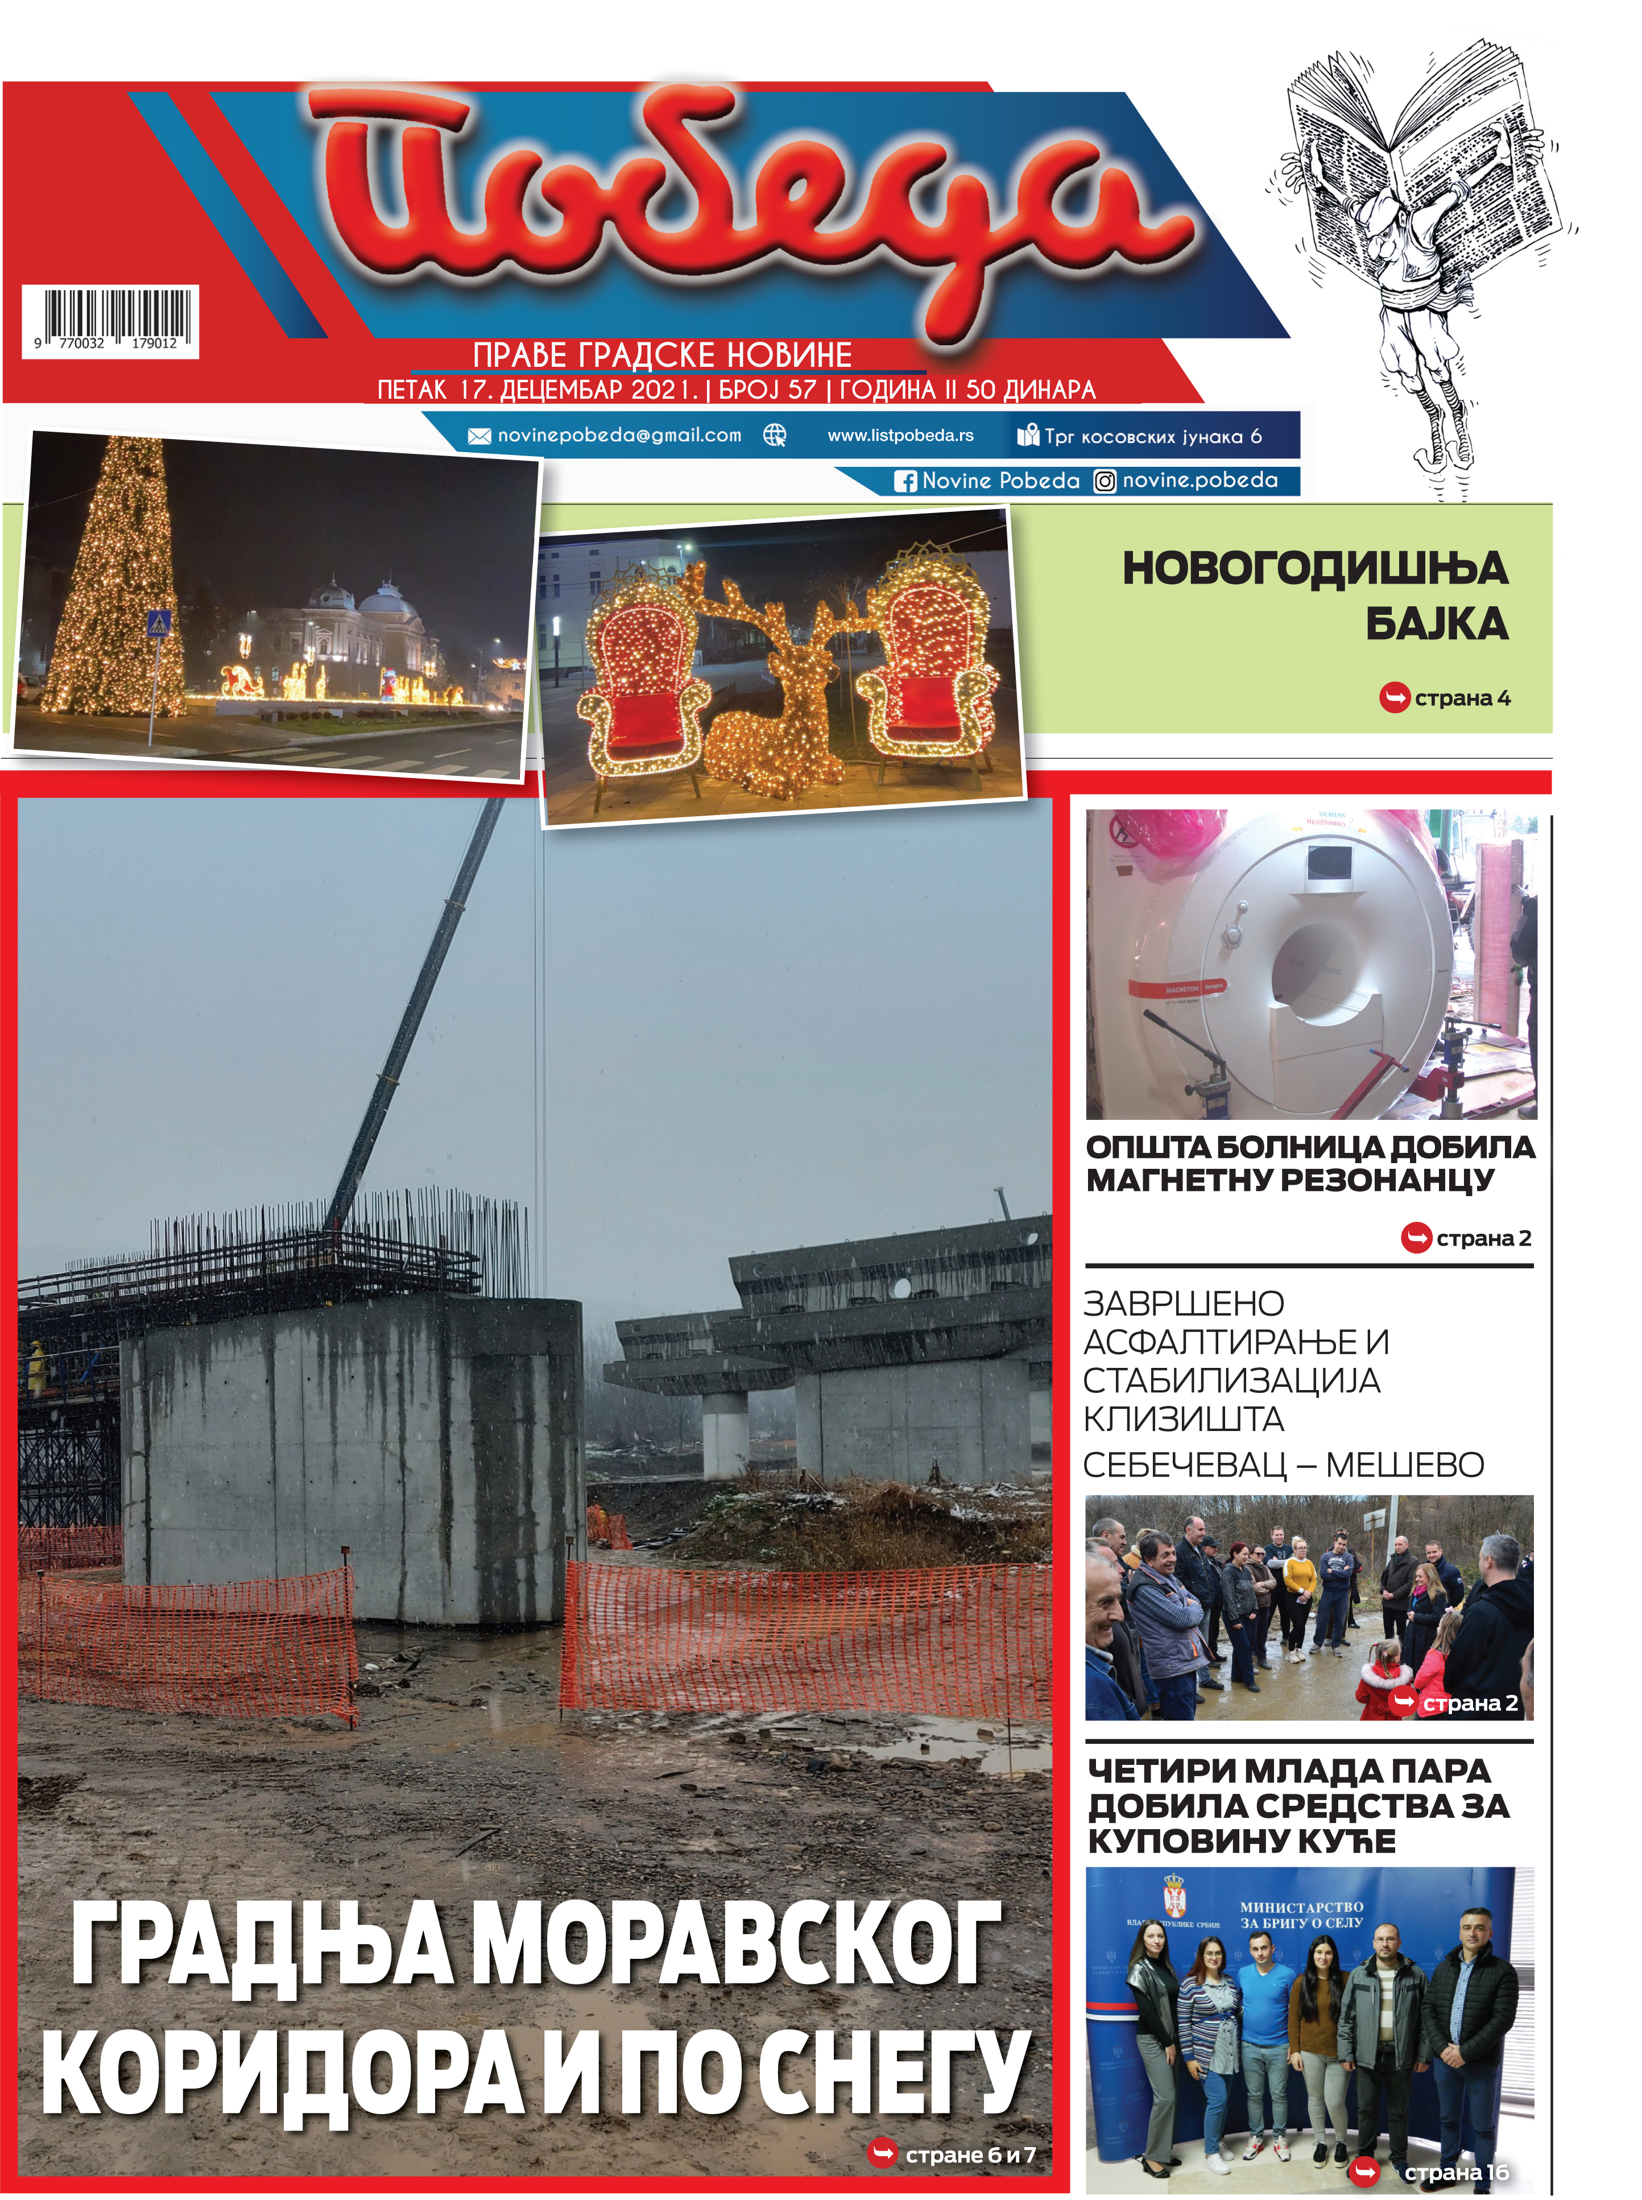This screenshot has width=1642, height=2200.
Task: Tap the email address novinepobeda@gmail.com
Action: tap(618, 435)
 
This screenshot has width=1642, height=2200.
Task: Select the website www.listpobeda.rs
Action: tap(900, 435)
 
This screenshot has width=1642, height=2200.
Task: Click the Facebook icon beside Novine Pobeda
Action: tap(904, 482)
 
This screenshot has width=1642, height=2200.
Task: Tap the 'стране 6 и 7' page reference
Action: tap(969, 2154)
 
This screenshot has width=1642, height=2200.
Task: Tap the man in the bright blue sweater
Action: tap(1264, 2017)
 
